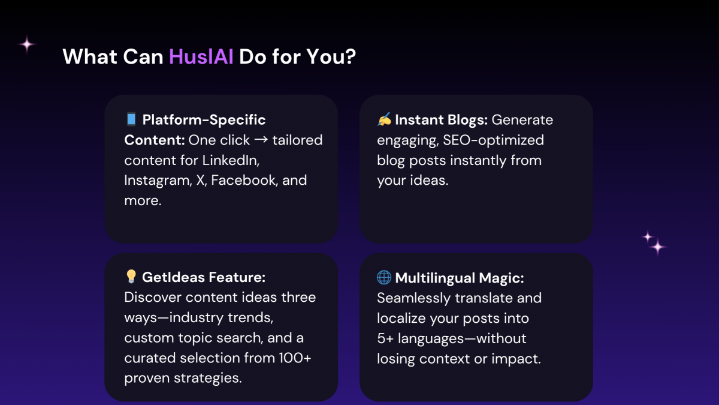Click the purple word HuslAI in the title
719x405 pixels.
pyautogui.click(x=201, y=57)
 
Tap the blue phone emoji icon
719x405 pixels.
pyautogui.click(x=131, y=119)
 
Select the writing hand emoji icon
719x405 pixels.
pyautogui.click(x=384, y=119)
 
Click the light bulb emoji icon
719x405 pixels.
pyautogui.click(x=131, y=277)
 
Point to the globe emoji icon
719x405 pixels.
pyautogui.click(x=384, y=277)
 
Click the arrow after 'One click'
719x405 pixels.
pyautogui.click(x=261, y=140)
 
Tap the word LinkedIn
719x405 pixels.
pyautogui.click(x=231, y=160)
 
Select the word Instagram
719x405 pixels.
pyautogui.click(x=158, y=181)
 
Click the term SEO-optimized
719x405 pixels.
pyautogui.click(x=493, y=140)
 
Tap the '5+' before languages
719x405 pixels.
pyautogui.click(x=385, y=338)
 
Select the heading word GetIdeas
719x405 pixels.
pyautogui.click(x=171, y=277)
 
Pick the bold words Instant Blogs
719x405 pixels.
pyautogui.click(x=442, y=120)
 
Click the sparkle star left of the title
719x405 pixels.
pyautogui.click(x=27, y=44)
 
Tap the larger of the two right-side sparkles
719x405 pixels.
pyautogui.click(x=658, y=247)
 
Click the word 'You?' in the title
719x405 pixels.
pyautogui.click(x=331, y=57)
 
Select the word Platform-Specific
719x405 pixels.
pyautogui.click(x=204, y=120)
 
